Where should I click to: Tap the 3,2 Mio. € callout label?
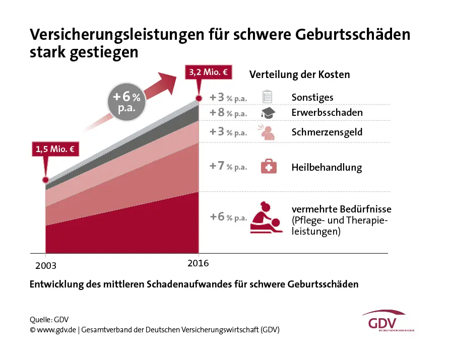(x=208, y=72)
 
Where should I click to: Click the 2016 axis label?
(x=198, y=263)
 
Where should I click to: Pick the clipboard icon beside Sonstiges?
(x=268, y=97)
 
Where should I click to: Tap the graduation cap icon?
(x=268, y=113)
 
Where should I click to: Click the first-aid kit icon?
(x=269, y=166)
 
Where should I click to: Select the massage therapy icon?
(x=267, y=218)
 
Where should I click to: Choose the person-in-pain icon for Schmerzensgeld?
(x=268, y=132)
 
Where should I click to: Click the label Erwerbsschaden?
(x=327, y=113)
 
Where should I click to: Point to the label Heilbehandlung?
(x=327, y=167)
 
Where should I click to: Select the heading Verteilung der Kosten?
(x=299, y=75)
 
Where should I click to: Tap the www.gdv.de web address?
(x=56, y=330)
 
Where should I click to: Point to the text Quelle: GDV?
(x=49, y=319)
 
